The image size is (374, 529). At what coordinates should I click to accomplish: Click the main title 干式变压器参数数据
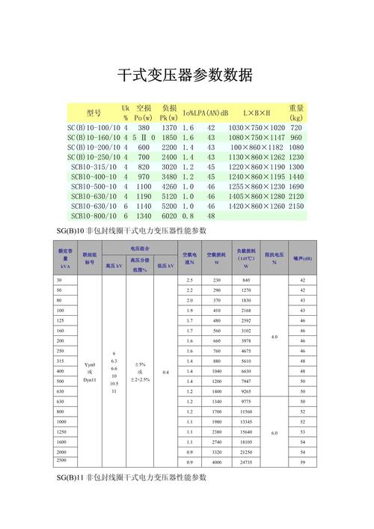186,75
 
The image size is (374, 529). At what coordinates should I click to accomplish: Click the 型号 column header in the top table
93,113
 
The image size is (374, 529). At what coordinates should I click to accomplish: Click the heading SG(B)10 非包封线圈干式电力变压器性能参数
131,229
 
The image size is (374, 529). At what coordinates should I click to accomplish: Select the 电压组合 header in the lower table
139,248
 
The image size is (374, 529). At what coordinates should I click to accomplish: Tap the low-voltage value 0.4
165,372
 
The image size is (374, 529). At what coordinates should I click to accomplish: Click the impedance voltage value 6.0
275,432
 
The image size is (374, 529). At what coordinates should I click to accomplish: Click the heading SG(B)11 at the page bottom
131,477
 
